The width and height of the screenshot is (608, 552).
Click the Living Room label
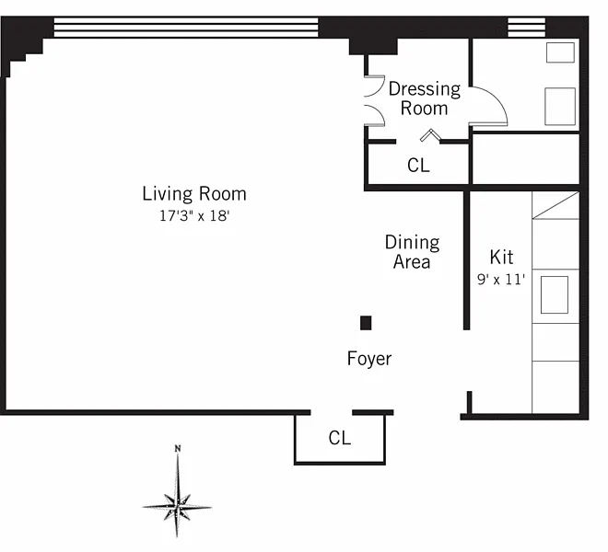tap(194, 194)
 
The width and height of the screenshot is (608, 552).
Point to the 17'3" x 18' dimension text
tap(194, 216)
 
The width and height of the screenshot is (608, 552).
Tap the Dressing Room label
tap(425, 98)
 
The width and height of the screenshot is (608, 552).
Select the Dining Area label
tap(412, 252)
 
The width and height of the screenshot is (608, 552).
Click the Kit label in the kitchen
tap(501, 257)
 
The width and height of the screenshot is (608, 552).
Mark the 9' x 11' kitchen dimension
tap(501, 279)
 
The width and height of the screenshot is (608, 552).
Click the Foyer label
tap(369, 358)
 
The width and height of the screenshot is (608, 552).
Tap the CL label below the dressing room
tap(418, 165)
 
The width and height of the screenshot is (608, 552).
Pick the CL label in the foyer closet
tap(340, 438)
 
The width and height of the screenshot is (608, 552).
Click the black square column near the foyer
tap(366, 323)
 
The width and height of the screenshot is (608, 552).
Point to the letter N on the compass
tap(178, 449)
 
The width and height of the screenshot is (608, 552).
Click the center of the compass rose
tap(177, 507)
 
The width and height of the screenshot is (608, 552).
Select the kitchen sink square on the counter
tap(555, 294)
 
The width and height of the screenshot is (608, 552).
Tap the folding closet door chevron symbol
tap(431, 134)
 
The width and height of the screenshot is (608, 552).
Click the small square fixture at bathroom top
tap(560, 52)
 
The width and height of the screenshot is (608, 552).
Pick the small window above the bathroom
tap(527, 27)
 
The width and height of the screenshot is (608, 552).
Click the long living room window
tap(186, 27)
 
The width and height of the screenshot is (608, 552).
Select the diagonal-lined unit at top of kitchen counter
tap(555, 205)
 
